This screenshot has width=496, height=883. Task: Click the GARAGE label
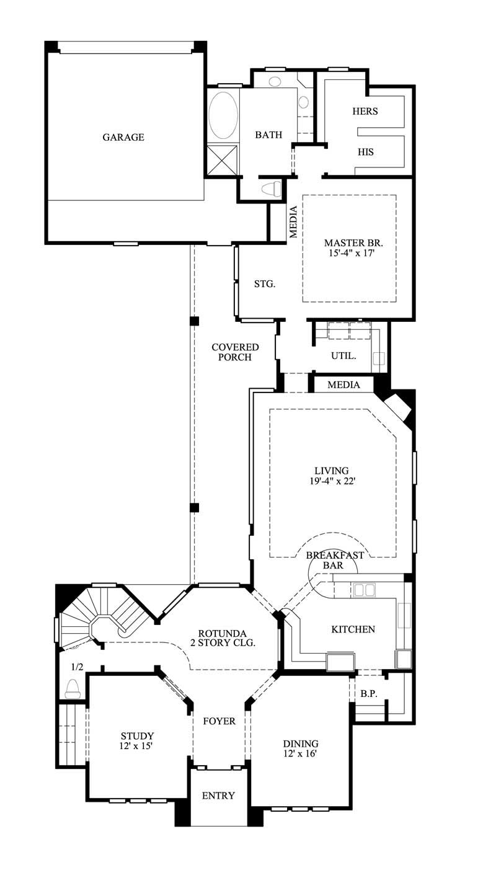[123, 137]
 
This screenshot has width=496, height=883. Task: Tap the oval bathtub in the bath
[223, 116]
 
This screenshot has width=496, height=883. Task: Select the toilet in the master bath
[272, 189]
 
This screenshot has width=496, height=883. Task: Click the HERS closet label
[365, 112]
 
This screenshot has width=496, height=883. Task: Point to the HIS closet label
[365, 152]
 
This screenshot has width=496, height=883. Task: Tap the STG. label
[264, 285]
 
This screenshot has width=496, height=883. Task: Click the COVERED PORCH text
[235, 352]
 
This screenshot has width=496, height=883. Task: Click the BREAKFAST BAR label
[335, 560]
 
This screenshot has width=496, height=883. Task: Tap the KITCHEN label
[353, 629]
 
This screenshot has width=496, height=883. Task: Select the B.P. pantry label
[369, 694]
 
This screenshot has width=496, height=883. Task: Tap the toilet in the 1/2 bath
[73, 688]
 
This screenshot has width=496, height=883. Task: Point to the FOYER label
[219, 721]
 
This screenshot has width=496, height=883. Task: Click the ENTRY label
[218, 796]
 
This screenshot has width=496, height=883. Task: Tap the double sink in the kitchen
[364, 590]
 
